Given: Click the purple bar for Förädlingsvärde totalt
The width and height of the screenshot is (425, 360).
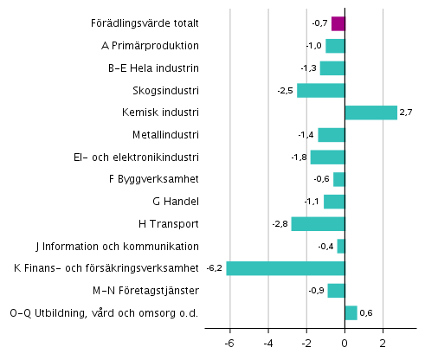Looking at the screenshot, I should pos(338,24).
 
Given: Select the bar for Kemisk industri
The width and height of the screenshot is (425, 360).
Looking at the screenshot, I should pos(370,112).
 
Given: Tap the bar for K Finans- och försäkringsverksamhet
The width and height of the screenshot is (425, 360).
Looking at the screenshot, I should pos(286,268).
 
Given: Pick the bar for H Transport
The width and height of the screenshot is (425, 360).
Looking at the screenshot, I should pos(318,224).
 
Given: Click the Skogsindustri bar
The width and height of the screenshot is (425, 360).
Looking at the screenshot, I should pos(320,91).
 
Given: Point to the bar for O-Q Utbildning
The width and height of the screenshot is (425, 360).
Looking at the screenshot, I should pos(351,312).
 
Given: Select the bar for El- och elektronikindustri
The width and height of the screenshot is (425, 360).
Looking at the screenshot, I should pos(327,157).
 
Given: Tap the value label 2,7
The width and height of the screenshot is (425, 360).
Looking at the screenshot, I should pos(407,112).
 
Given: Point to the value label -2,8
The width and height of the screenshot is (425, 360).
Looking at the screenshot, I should pos(280,224).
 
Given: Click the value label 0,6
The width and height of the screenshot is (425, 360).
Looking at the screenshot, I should pos(367,312).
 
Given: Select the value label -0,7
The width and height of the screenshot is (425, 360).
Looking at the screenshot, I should pos(320,24).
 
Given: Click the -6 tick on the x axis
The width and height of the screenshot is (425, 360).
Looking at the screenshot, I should pos(229,343).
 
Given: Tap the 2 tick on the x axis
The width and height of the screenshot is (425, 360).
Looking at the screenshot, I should pos(383,343).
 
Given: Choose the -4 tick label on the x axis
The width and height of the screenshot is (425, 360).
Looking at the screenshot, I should pos(267,343).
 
